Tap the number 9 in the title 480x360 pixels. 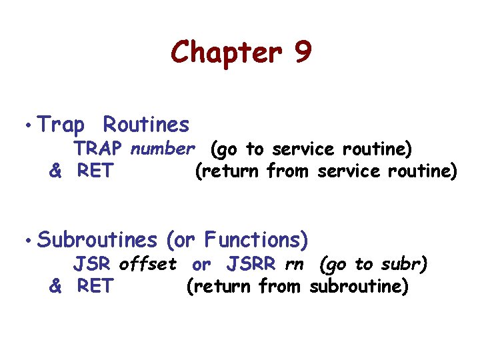click(x=301, y=52)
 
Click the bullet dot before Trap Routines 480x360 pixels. click(x=25, y=126)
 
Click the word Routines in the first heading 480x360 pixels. click(x=147, y=125)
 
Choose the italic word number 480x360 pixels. click(x=163, y=148)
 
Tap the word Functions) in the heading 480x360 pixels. click(x=257, y=239)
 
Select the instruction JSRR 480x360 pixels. click(x=251, y=264)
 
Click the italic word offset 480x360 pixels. click(x=148, y=264)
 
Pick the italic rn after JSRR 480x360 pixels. click(x=293, y=264)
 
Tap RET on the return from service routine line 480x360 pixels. click(x=95, y=171)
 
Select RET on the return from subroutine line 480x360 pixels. click(x=95, y=287)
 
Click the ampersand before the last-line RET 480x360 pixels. click(x=56, y=287)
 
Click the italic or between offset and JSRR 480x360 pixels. click(x=201, y=264)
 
